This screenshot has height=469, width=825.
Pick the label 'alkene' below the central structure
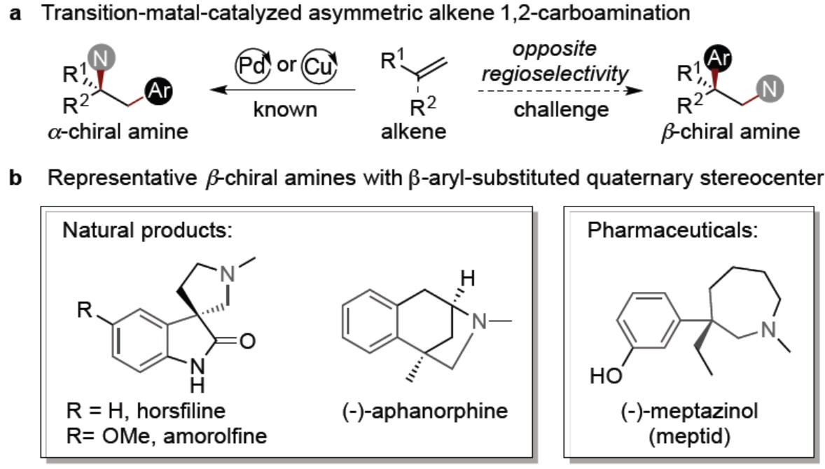coord(414,131)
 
